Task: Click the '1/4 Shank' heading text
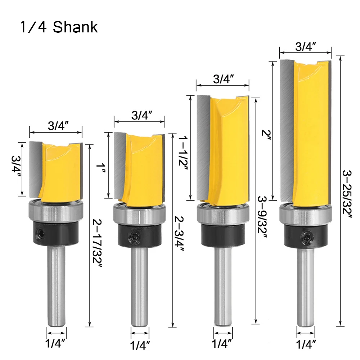tap(59, 27)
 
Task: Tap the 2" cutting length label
tap(266, 136)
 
